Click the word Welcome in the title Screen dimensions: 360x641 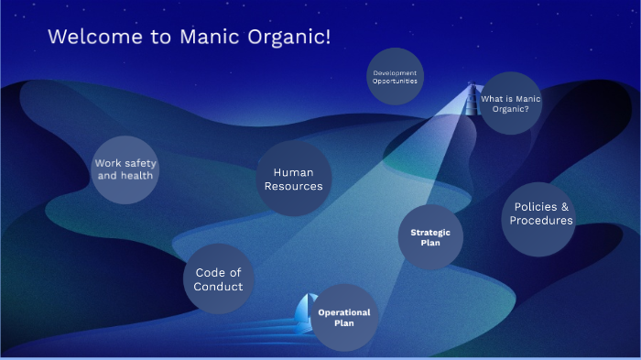click(x=91, y=37)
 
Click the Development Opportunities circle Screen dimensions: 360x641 click(x=395, y=76)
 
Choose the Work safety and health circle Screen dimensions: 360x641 click(x=125, y=169)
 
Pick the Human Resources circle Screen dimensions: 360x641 click(x=293, y=179)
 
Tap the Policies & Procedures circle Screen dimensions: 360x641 click(x=540, y=213)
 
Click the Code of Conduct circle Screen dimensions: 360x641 click(x=218, y=279)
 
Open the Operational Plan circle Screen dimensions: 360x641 click(x=343, y=318)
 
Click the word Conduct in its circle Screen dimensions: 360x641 click(x=218, y=287)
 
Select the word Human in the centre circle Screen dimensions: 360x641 click(x=293, y=172)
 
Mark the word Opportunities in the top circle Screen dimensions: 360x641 click(x=395, y=82)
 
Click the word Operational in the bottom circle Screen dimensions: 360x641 click(x=343, y=312)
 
